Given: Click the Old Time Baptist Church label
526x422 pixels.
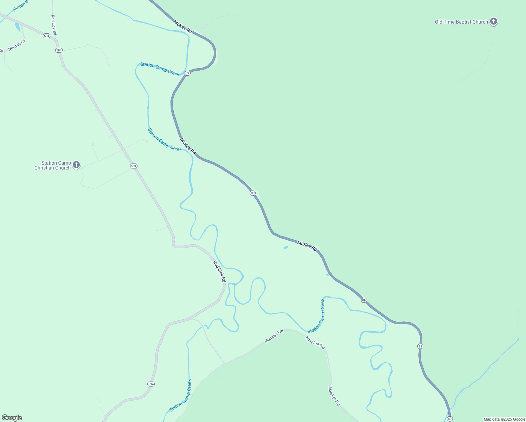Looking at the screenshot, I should click(461, 22).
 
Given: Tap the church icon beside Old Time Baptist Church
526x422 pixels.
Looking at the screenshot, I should click(494, 21).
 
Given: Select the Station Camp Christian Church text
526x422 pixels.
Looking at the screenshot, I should click(53, 165).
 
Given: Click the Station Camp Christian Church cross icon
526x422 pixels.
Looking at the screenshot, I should click(76, 165).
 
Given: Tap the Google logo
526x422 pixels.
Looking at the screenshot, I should click(12, 418).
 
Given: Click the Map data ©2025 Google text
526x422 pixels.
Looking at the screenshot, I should click(504, 419).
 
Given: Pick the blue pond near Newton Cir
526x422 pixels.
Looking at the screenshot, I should click(18, 27).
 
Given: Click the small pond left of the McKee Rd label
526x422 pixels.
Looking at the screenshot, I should click(286, 248).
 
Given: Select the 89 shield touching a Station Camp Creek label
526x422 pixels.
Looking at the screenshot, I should click(187, 73).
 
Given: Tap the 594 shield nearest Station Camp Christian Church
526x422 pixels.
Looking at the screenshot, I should click(134, 166).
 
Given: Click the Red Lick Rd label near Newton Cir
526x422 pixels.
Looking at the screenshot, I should click(54, 25).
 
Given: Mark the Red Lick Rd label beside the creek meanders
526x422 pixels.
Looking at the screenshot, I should click(219, 271).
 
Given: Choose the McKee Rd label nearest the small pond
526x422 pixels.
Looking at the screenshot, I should click(307, 245).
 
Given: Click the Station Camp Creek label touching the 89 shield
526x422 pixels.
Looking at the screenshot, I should click(160, 69).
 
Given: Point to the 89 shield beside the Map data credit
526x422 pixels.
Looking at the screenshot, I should click(450, 418).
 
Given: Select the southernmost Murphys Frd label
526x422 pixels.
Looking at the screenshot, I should click(334, 396).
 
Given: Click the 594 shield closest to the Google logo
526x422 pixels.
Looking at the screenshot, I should click(151, 384).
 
